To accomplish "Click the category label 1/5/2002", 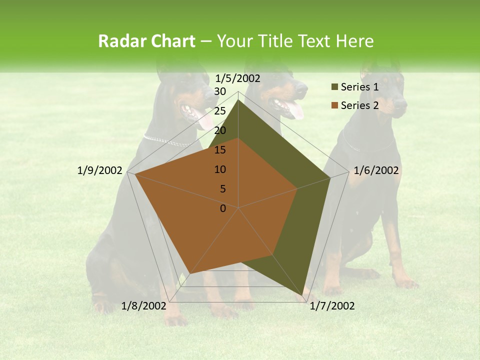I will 238,78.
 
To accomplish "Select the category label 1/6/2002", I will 376,170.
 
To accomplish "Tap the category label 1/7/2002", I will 332,306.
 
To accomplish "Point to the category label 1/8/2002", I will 143,306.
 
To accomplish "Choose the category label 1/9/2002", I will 100,170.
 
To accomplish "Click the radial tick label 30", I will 220,91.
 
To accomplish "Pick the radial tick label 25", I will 220,111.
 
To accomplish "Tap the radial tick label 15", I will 220,150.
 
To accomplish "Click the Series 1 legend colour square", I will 334,87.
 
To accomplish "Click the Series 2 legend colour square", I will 334,105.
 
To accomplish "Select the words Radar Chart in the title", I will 146,41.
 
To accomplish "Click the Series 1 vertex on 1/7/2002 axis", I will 302,295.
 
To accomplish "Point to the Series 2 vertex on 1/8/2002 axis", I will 189,274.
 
